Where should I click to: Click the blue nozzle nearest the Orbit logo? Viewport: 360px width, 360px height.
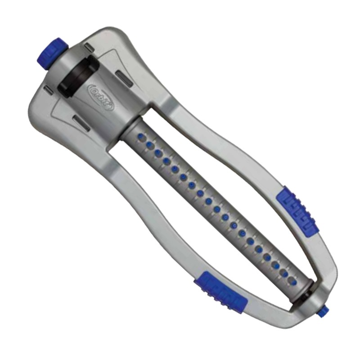tap(141, 135)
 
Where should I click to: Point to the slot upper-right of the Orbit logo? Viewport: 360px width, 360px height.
tap(122, 73)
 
